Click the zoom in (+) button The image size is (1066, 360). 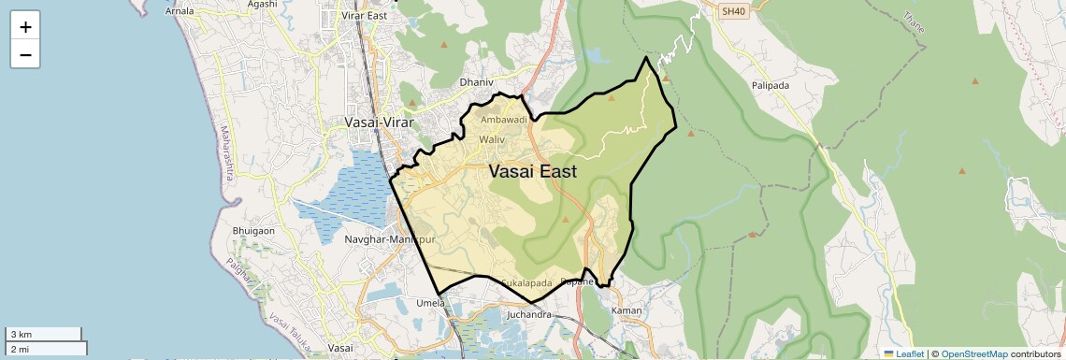coord(25,27)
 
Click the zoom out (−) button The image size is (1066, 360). coord(25,55)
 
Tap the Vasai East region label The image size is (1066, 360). coord(532,172)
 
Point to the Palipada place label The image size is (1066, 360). coord(771,85)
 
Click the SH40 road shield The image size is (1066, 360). coord(735,12)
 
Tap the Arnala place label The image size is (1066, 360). coord(180,11)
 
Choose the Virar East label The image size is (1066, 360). coord(365,16)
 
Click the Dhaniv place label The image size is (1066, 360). coord(476,82)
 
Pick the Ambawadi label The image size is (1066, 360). coord(505,120)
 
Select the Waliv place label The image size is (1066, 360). coord(492,139)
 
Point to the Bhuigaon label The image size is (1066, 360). coord(252,230)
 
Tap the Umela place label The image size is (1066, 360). coord(430,303)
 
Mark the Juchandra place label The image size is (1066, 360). coord(528,314)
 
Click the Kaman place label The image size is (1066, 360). coord(627,310)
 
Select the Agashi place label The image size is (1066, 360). coord(262,4)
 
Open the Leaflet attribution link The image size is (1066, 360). coord(906,353)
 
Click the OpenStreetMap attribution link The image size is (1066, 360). coord(974,353)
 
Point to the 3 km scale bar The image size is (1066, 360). coord(44,334)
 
